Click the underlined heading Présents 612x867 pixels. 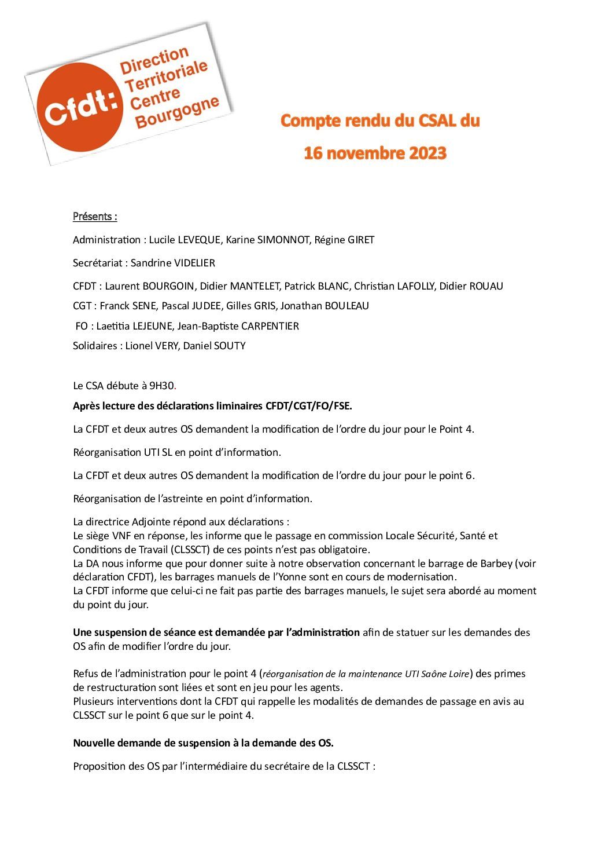click(95, 217)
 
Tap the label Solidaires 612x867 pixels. click(96, 346)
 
